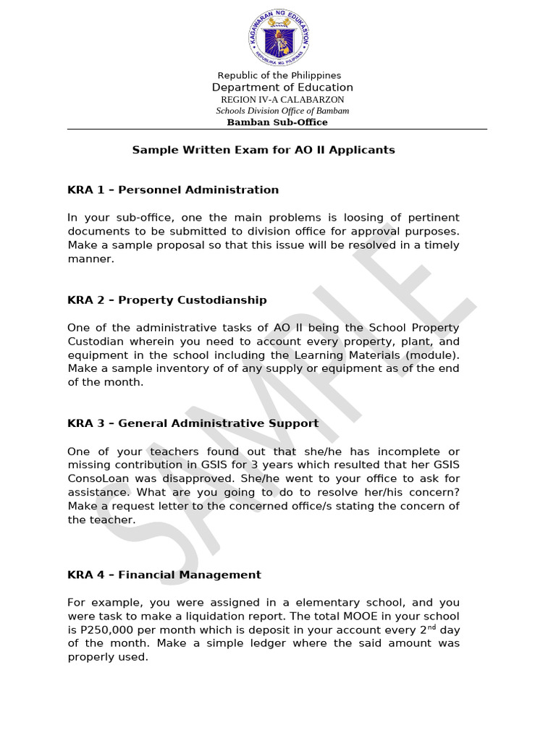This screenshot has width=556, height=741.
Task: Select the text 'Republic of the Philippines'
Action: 279,75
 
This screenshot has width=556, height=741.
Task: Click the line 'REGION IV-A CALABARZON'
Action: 282,99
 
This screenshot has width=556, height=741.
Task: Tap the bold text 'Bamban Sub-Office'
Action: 277,122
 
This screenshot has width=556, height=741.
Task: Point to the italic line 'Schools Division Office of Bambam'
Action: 282,111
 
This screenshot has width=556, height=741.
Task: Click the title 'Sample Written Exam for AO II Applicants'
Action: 264,150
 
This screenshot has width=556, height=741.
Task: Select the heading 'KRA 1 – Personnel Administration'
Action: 173,190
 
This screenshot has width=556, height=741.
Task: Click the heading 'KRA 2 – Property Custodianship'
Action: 167,300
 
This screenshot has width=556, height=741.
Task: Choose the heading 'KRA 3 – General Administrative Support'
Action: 193,423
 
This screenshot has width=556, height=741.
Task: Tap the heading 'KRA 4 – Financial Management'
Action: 164,575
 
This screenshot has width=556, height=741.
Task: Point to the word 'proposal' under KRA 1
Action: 169,245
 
